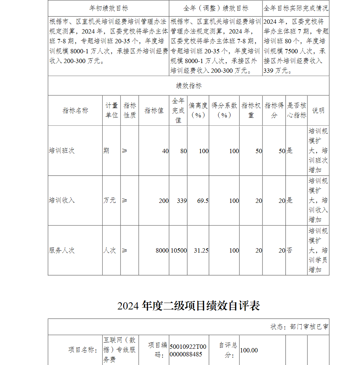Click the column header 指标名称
pyautogui.click(x=75, y=111)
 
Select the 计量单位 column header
pyautogui.click(x=111, y=110)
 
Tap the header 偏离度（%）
pyautogui.click(x=198, y=110)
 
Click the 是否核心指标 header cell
pyautogui.click(x=297, y=110)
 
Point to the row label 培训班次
pyautogui.click(x=62, y=151)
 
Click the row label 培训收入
pyautogui.click(x=62, y=200)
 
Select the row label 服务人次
pyautogui.click(x=62, y=250)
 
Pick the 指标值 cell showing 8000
pyautogui.click(x=162, y=250)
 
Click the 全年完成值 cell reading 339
pyautogui.click(x=182, y=201)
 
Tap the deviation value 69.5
pyautogui.click(x=203, y=201)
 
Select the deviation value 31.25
pyautogui.click(x=201, y=250)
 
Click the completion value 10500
pyautogui.click(x=179, y=250)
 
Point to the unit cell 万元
pyautogui.click(x=110, y=200)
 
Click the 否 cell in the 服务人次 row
pyautogui.click(x=289, y=250)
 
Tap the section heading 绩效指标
pyautogui.click(x=189, y=86)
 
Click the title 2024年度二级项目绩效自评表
pyautogui.click(x=188, y=306)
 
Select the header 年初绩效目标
pyautogui.click(x=108, y=8)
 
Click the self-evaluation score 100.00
pyautogui.click(x=249, y=350)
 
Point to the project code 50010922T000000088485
pyautogui.click(x=188, y=350)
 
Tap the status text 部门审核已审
pyautogui.click(x=299, y=327)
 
